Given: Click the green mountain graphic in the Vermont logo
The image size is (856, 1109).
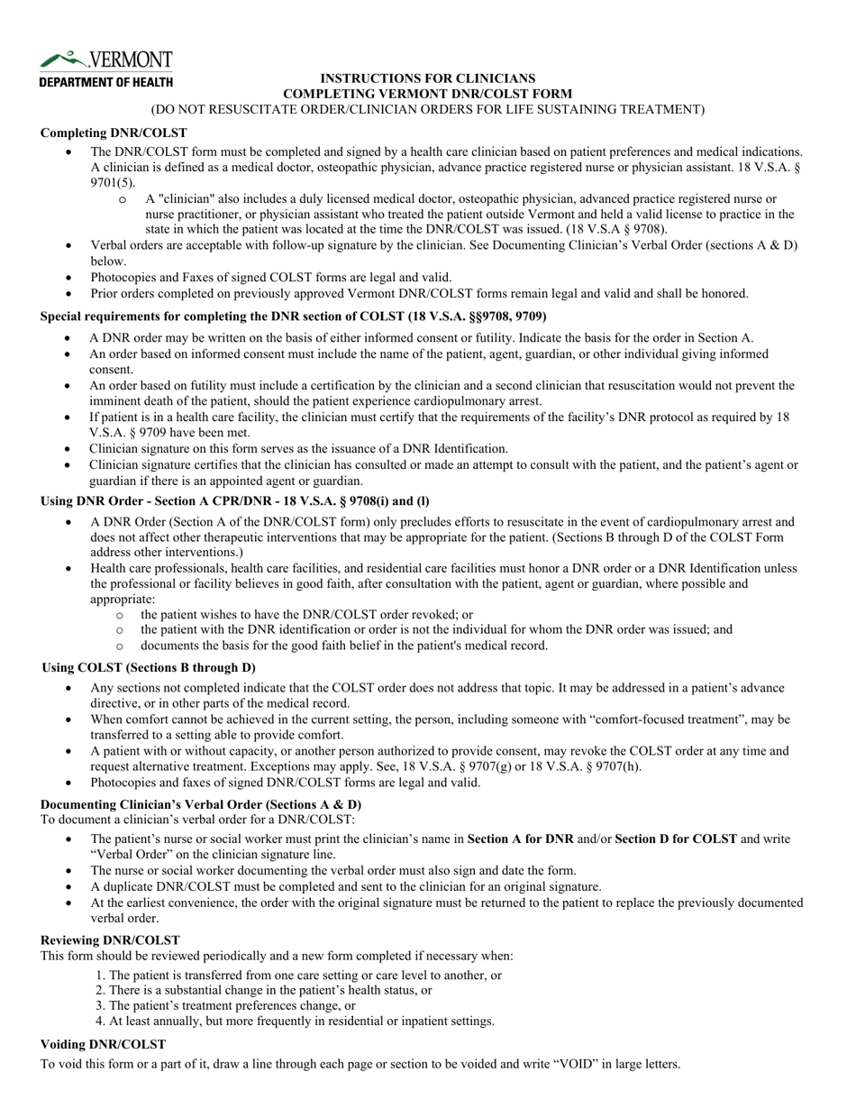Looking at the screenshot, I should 61,60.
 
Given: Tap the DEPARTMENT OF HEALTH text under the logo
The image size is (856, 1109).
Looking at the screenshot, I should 105,82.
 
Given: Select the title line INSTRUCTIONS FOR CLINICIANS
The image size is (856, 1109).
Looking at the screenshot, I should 427,78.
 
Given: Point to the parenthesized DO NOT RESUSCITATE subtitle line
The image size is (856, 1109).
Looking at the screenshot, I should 427,109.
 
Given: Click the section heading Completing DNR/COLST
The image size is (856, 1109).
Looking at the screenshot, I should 114,133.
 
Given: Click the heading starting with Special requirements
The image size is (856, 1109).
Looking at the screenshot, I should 293,316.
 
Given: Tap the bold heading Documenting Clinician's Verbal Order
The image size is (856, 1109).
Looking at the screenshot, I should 201,804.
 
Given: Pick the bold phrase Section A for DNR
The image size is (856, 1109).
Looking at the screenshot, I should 520,839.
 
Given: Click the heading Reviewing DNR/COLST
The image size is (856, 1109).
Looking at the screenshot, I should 110,939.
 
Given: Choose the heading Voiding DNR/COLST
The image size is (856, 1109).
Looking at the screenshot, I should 103,1043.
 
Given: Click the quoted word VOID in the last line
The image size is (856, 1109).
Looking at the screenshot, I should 533,1064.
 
